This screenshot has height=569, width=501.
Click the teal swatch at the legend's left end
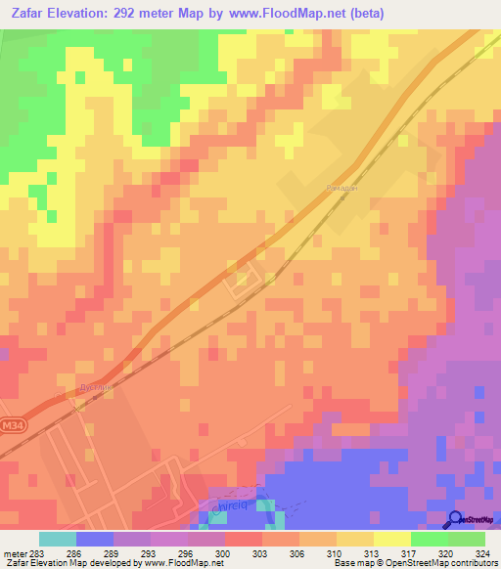pos(57,539)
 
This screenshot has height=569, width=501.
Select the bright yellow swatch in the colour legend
pos(391,539)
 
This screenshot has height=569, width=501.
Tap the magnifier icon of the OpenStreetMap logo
pos(455,520)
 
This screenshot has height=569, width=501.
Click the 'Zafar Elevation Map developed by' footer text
pos(68,563)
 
